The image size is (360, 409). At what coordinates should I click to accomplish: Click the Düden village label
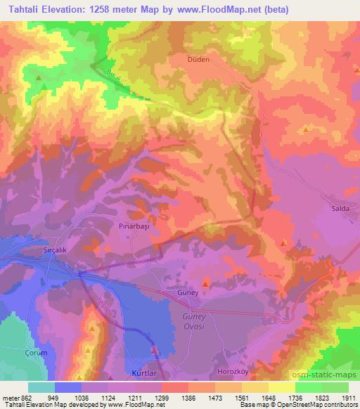pyautogui.click(x=198, y=60)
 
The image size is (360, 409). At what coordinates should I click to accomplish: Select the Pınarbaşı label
pyautogui.click(x=130, y=228)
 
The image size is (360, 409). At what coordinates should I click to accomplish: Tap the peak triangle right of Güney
pyautogui.click(x=205, y=283)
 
